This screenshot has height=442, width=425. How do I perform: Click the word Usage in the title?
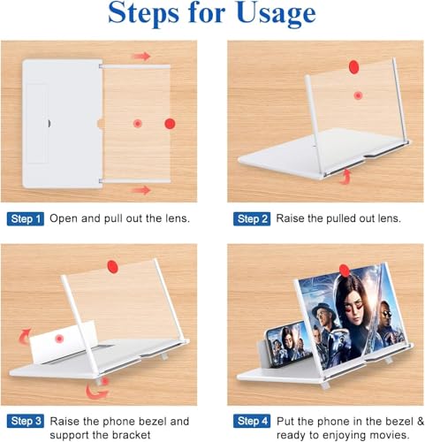[276, 14]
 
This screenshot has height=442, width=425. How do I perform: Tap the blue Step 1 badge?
[26, 219]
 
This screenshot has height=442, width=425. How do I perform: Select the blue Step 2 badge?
[252, 219]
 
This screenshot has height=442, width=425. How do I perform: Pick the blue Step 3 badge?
[26, 421]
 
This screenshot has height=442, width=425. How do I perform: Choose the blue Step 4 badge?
[252, 421]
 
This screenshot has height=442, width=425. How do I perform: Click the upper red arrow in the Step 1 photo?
[141, 56]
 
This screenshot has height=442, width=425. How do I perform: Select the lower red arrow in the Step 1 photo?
[141, 190]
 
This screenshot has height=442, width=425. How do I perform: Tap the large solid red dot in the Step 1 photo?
[170, 124]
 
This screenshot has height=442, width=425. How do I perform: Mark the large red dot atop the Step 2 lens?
[353, 66]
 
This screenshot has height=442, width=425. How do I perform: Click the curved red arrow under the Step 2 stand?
[345, 177]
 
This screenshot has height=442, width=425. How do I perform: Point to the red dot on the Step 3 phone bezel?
[59, 339]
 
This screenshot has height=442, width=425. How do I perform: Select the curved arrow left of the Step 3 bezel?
[25, 337]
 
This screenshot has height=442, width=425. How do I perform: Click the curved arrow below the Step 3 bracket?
[97, 392]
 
